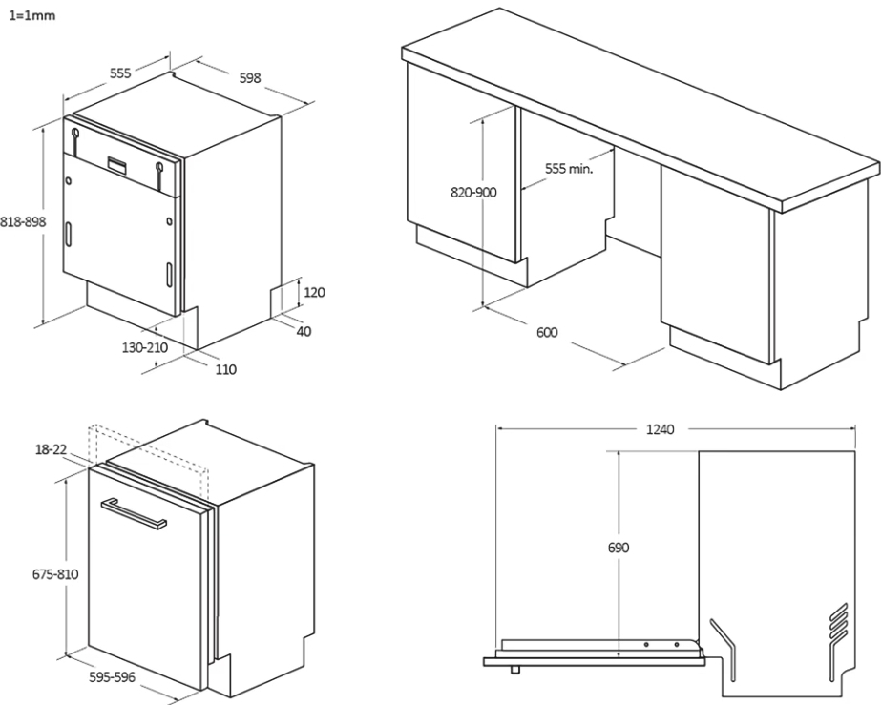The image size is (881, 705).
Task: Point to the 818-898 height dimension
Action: click(23, 220)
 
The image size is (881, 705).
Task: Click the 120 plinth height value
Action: click(314, 292)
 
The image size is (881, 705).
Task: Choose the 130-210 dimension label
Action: click(145, 348)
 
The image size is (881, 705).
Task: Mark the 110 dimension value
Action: click(225, 369)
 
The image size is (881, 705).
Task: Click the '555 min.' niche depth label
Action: click(569, 168)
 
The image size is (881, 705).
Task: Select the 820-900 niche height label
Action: click(473, 192)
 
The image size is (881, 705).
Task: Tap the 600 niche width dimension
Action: click(547, 332)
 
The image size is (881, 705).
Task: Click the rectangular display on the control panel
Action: click(119, 165)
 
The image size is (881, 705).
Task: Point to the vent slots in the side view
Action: click(837, 626)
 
